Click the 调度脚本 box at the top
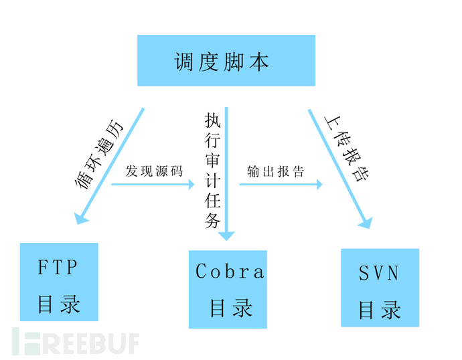coord(226,61)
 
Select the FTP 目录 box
coord(59,282)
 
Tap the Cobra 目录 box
coord(228,288)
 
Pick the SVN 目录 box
coord(380,287)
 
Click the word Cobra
coord(229,271)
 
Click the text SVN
coord(378,272)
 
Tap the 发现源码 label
coord(153,171)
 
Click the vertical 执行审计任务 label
coord(212,171)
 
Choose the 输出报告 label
coord(275,171)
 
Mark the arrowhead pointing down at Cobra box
coord(228,234)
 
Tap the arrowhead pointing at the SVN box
coord(364,222)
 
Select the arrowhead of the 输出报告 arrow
coord(318,182)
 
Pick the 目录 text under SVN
coord(379,310)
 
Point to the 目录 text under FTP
coord(58,304)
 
